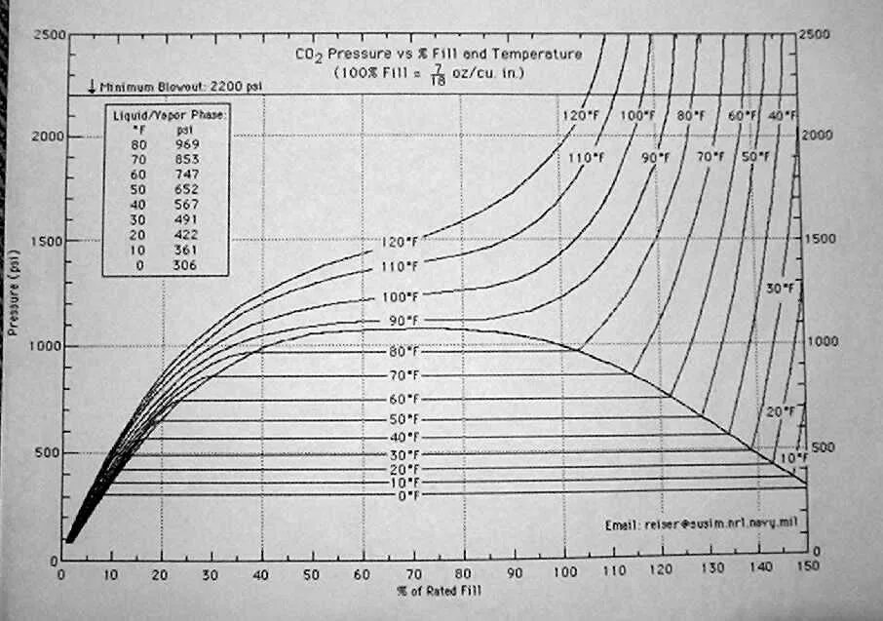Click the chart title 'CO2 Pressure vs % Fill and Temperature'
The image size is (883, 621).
click(x=438, y=55)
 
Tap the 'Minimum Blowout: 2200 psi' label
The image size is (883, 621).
click(x=176, y=86)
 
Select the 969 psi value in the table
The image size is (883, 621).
click(x=186, y=143)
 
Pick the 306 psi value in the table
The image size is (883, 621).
click(x=186, y=265)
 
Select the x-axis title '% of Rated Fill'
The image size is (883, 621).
click(x=438, y=590)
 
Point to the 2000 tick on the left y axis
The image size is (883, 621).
click(x=48, y=136)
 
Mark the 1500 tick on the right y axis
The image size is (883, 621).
click(x=825, y=238)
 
